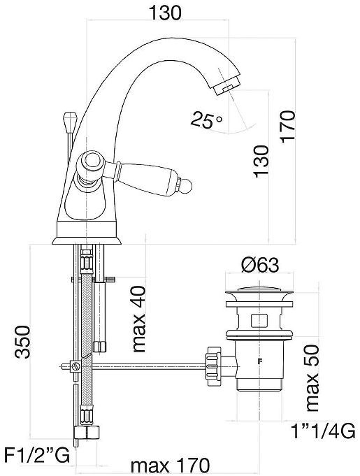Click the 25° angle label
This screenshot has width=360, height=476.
[x=206, y=120]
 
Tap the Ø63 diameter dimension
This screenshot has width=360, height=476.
[x=260, y=265]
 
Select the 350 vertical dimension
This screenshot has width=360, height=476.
[x=23, y=342]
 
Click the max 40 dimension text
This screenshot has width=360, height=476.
[x=139, y=319]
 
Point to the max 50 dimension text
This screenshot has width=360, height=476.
[x=312, y=378]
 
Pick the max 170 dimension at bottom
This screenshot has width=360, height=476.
[x=171, y=465]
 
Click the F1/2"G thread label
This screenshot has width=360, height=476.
[x=36, y=455]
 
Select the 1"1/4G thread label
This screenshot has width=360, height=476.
[x=323, y=431]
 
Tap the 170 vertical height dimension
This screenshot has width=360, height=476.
[x=287, y=127]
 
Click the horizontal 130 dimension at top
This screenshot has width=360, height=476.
[x=165, y=13]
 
